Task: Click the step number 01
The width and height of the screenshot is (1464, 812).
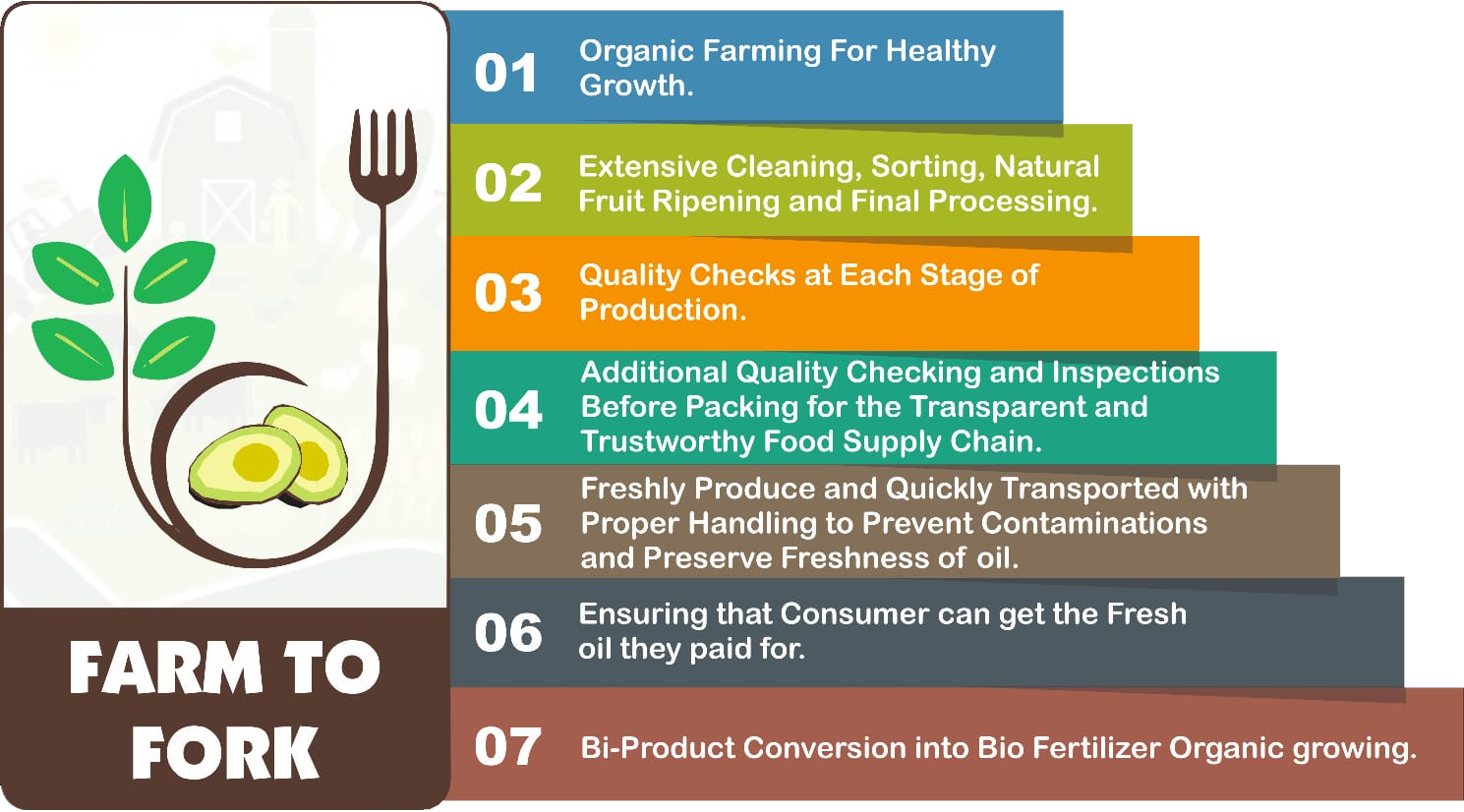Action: [x=506, y=73]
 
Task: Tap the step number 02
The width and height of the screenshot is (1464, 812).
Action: [x=507, y=183]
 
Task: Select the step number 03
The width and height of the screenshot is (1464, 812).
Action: [x=507, y=293]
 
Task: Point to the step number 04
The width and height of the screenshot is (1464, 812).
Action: [x=507, y=410]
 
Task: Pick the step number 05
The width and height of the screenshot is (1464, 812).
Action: [x=507, y=523]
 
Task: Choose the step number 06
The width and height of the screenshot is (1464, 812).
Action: [x=507, y=632]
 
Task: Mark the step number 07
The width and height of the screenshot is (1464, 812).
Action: [x=507, y=747]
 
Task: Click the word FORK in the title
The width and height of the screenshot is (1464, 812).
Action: [x=225, y=753]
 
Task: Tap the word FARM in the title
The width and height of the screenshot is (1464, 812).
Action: [x=165, y=667]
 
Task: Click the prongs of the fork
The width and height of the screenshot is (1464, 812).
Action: [x=383, y=150]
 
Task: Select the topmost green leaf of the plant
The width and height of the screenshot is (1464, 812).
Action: [x=125, y=203]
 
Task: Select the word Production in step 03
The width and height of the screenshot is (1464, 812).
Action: [x=662, y=310]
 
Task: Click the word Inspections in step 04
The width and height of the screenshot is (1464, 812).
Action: [x=1136, y=373]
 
